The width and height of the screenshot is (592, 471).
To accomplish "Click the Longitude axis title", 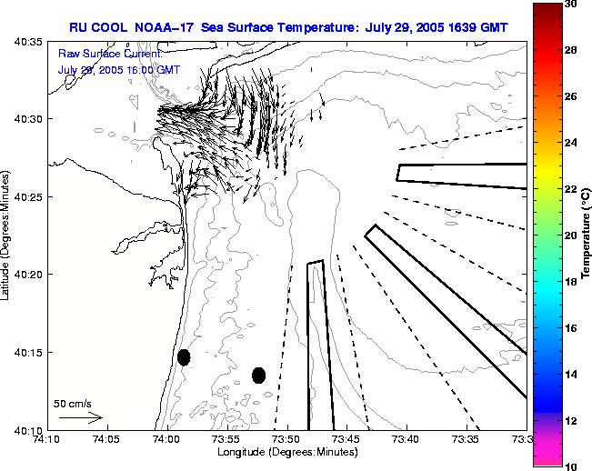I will pyautogui.click(x=286, y=453).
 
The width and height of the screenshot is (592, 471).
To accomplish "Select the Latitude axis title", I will pyautogui.click(x=7, y=236).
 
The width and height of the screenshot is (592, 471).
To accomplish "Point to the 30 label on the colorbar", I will pyautogui.click(x=569, y=4).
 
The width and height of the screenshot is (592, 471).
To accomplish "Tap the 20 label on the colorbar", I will pyautogui.click(x=569, y=235).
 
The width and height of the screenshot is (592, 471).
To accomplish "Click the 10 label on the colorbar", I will pyautogui.click(x=569, y=466).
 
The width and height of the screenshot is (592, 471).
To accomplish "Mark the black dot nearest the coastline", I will pyautogui.click(x=184, y=357).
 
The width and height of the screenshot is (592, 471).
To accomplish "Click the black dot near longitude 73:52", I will pyautogui.click(x=258, y=375).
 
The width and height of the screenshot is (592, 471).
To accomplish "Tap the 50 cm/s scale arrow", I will pyautogui.click(x=80, y=417).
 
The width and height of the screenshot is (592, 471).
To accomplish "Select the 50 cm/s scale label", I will pyautogui.click(x=73, y=403).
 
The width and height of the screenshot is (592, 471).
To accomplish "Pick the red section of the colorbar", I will pyautogui.click(x=546, y=36).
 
